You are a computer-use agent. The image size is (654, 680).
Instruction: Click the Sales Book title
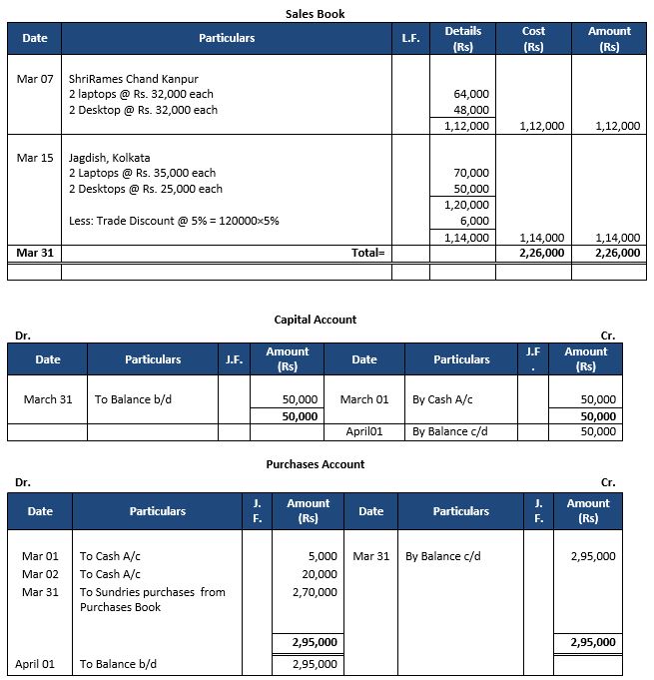(316, 14)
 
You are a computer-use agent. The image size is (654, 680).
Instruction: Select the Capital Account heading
(316, 320)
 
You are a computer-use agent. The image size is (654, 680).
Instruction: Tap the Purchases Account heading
(316, 464)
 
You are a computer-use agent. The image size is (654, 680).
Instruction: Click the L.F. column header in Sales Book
(410, 38)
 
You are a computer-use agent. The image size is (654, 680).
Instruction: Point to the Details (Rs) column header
(462, 39)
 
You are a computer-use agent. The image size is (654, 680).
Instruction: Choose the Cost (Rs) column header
(534, 39)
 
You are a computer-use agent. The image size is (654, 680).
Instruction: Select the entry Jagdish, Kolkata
(110, 158)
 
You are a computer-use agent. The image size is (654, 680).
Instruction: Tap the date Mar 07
(35, 78)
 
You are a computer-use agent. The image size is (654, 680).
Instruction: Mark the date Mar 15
(35, 158)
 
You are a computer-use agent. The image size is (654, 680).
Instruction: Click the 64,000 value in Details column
(471, 94)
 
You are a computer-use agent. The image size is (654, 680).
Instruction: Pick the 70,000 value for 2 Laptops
(471, 174)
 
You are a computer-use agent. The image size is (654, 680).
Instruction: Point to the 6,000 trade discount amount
(475, 221)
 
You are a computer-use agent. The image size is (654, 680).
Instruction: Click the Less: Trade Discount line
(174, 221)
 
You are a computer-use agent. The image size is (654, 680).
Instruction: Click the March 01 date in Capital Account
(364, 399)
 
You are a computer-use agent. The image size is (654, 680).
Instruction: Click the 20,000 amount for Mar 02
(320, 574)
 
